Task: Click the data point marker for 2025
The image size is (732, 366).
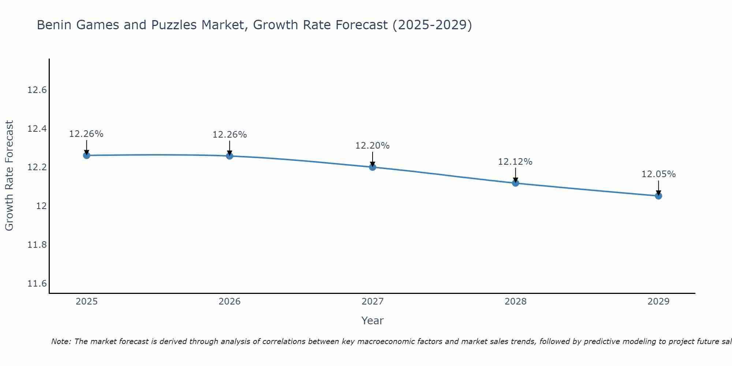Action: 86,156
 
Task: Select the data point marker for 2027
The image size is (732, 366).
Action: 373,167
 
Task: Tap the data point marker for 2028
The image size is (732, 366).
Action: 515,183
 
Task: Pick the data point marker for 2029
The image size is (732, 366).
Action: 658,196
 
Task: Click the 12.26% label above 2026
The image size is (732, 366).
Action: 229,135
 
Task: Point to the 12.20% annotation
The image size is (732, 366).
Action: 372,146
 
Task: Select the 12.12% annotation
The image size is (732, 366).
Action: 515,162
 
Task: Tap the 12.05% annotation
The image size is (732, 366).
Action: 658,174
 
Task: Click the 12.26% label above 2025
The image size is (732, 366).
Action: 86,134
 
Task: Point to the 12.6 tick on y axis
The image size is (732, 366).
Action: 37,90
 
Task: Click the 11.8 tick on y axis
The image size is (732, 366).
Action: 37,245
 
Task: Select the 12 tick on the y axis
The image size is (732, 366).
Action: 41,206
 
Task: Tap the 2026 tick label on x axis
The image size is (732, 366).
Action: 229,302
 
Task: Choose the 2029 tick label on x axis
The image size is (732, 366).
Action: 658,302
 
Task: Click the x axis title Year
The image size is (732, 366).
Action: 372,321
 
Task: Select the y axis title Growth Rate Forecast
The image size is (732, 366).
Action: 9,176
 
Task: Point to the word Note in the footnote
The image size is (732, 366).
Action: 61,341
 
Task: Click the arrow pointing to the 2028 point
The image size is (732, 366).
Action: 515,175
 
